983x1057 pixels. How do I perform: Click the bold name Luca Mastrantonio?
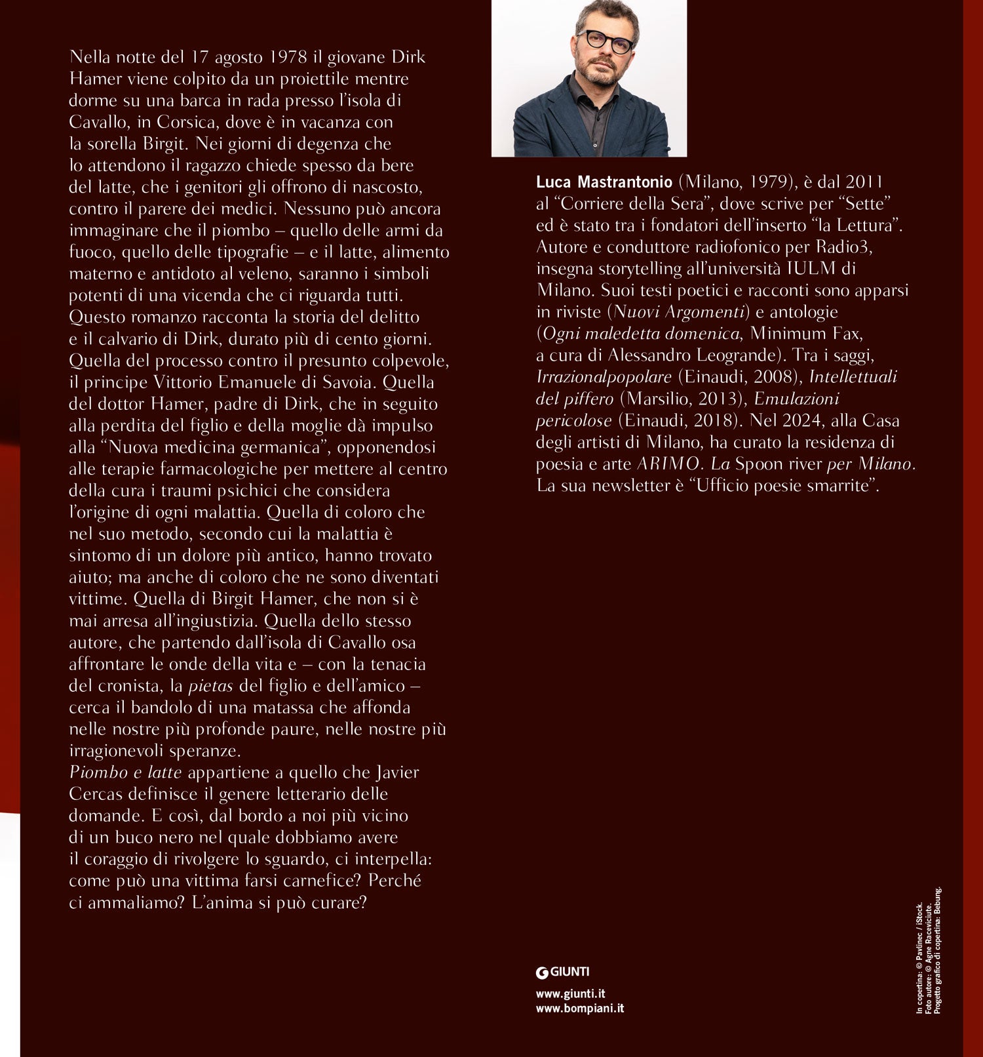tap(604, 182)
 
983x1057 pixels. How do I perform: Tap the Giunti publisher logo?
tap(562, 972)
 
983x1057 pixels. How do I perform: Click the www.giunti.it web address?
tap(570, 994)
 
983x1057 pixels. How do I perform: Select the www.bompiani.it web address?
tap(579, 1008)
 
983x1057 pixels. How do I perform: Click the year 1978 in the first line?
tap(288, 57)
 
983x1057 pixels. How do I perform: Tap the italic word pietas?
tap(210, 686)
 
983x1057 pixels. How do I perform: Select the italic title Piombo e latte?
tap(125, 772)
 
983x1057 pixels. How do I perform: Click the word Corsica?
tap(186, 122)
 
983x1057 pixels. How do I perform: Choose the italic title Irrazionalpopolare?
tap(604, 377)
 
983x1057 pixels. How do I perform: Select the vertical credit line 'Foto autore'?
tap(928, 957)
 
